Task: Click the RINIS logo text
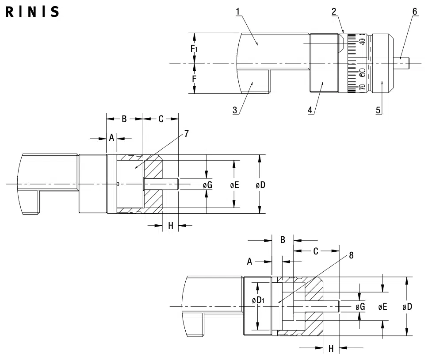[32, 12]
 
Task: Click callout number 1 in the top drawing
[238, 12]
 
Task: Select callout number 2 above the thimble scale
[334, 12]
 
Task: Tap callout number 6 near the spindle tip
[415, 12]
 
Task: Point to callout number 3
[235, 110]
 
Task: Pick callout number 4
[310, 110]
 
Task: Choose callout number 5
[378, 110]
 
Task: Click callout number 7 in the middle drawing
[187, 134]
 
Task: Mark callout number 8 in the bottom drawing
[351, 255]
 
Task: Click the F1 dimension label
[194, 49]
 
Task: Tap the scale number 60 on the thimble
[362, 73]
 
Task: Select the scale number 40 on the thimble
[362, 42]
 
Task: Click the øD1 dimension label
[258, 300]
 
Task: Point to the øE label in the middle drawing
[234, 185]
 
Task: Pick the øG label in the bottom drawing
[360, 307]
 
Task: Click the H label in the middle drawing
[171, 225]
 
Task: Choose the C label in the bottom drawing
[316, 251]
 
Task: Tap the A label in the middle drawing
[111, 138]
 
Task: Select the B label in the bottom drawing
[283, 240]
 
